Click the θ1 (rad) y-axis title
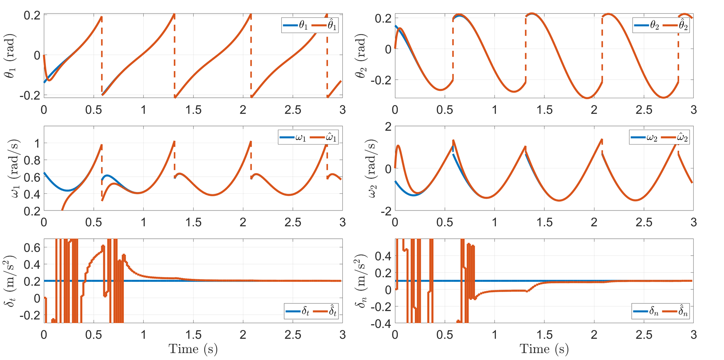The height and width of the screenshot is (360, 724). tap(10, 55)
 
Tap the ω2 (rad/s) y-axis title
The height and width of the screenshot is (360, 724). tap(372, 168)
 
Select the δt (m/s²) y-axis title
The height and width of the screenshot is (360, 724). tap(10, 281)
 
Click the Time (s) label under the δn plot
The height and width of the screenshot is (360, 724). tap(544, 349)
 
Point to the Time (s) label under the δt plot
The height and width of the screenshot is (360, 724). tap(193, 349)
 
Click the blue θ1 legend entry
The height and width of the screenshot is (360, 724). tap(295, 25)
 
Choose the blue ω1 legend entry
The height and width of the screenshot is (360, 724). tap(292, 138)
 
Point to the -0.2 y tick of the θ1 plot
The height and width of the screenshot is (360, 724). tap(32, 96)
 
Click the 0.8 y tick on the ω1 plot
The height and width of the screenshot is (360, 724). tap(32, 160)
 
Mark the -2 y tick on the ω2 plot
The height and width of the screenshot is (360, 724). tap(386, 212)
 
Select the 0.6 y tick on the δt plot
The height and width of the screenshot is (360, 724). tap(32, 247)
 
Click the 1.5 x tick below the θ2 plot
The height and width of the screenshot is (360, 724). tap(544, 110)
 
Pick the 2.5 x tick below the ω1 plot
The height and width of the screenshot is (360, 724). tap(292, 222)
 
